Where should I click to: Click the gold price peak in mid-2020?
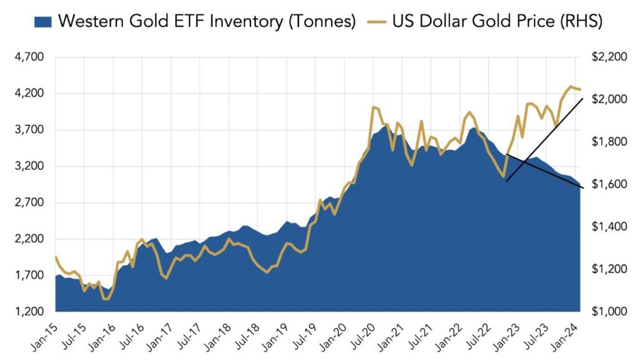coord(373,107)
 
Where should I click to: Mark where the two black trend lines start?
coord(506,154)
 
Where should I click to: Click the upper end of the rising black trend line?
coord(582,98)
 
